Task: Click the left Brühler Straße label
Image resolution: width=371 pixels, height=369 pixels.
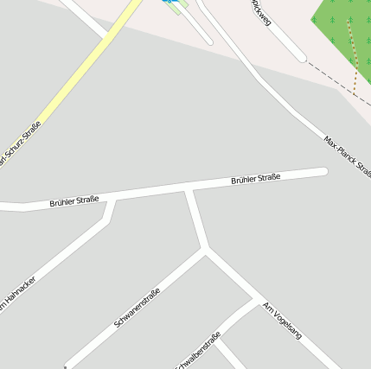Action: pos(74,200)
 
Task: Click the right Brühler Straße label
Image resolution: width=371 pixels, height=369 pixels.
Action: pos(255,180)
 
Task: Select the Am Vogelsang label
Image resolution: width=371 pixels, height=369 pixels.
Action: pos(282,321)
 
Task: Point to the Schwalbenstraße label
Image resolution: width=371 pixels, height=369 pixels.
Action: pos(199,351)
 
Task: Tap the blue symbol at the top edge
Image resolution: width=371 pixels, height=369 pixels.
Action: pos(165,2)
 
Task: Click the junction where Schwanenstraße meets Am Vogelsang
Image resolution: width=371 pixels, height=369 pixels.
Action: pos(206,251)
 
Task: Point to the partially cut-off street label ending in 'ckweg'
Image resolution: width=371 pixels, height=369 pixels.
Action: pos(260,12)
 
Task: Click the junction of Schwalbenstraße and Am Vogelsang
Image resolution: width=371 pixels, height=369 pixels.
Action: pos(258,301)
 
